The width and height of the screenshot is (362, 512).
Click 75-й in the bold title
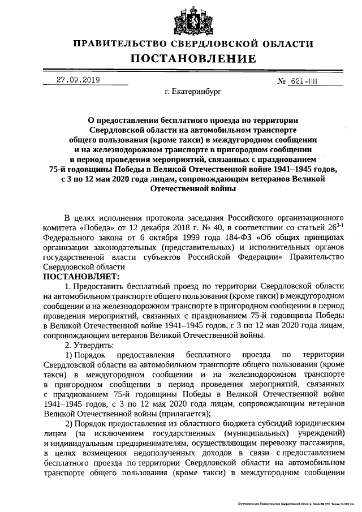[x=60, y=169]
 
